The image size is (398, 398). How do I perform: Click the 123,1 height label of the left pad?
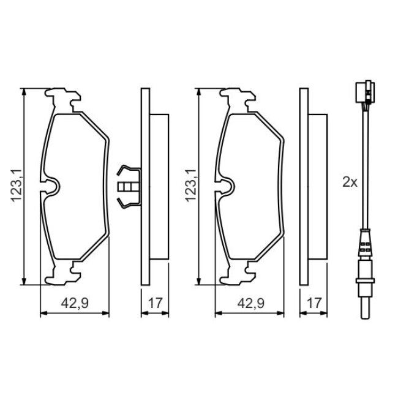click(16, 186)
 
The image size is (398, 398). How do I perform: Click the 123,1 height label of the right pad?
click(191, 186)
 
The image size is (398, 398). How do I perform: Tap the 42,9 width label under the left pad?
click(75, 303)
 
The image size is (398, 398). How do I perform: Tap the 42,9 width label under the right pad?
click(251, 303)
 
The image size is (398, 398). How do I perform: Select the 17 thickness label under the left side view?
click(155, 303)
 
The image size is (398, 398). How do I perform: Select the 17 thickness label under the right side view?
click(314, 303)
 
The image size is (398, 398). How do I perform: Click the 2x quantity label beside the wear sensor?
click(350, 182)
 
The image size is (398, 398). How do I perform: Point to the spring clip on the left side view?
click(129, 187)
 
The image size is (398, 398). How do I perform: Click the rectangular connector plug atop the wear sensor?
click(365, 92)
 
